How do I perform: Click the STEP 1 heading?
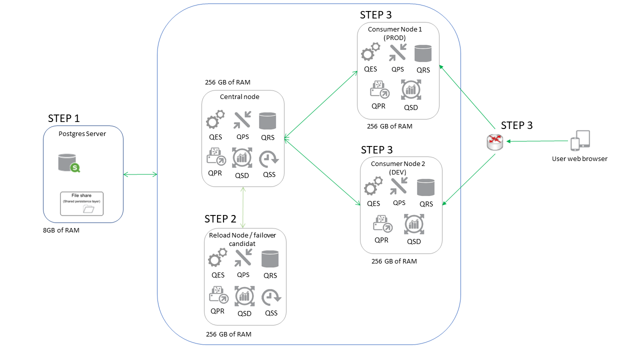coord(63,118)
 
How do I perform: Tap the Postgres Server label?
coord(82,134)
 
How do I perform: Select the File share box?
coord(82,203)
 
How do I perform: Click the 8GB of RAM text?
coord(61,230)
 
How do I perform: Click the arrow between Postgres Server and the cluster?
coord(140,174)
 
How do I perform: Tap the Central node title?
coord(239,96)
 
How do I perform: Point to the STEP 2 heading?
coord(220,218)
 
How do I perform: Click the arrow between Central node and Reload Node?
coord(243,207)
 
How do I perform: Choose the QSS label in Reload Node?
coord(271,313)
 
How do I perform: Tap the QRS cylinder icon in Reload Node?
coord(270,259)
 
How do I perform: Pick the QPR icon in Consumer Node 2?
coord(382,223)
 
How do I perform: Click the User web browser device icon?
coord(580,140)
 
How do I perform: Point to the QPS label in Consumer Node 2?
coord(399,202)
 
